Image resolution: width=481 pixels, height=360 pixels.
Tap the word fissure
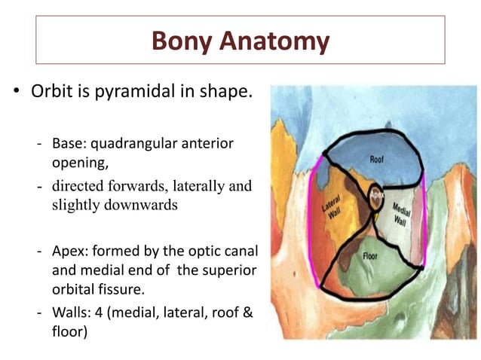(128, 288)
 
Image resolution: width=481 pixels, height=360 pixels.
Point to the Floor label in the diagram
(372, 255)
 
